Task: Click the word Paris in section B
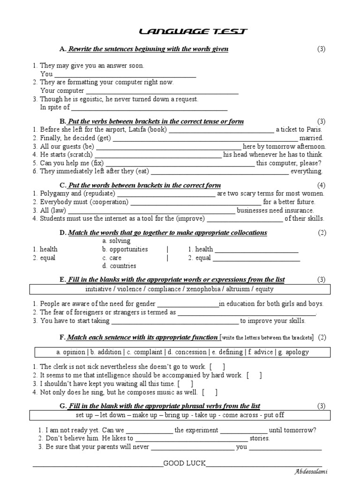click(315, 129)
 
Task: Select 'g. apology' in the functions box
click(292, 352)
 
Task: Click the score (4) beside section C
click(321, 185)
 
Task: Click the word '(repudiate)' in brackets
click(99, 193)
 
